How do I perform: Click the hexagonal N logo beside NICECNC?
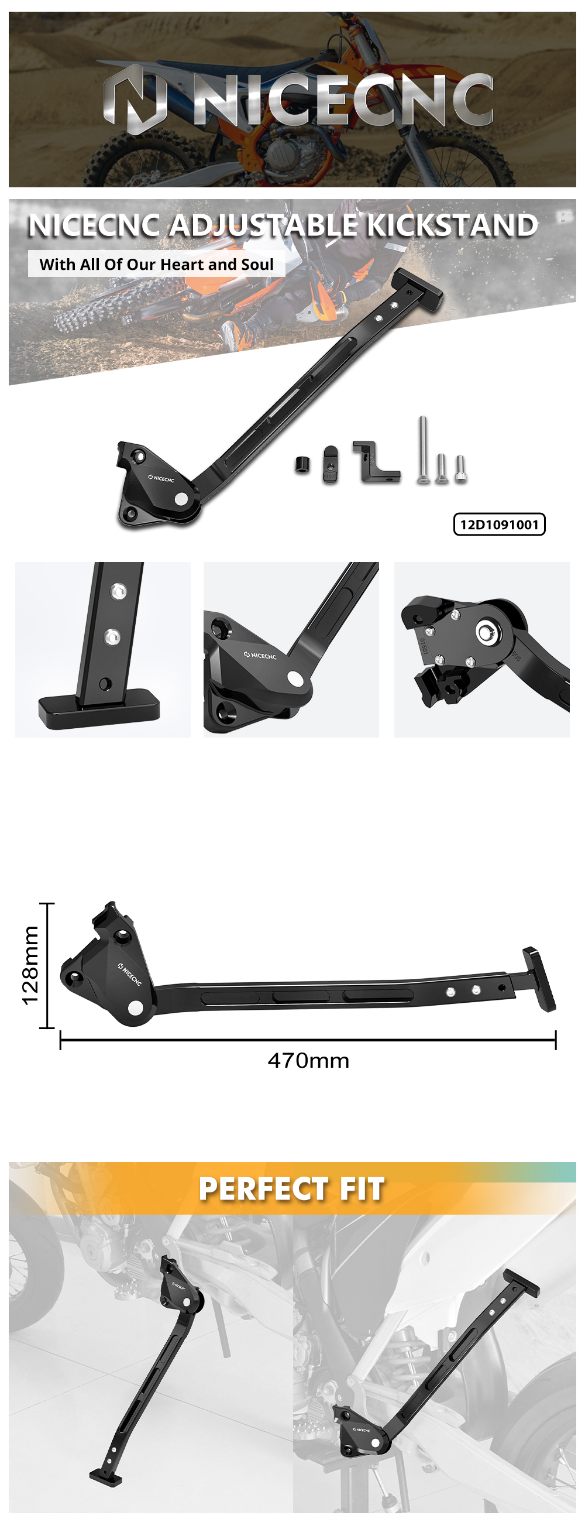tap(135, 99)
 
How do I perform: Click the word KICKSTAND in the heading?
tap(452, 225)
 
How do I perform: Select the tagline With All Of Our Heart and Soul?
tap(156, 264)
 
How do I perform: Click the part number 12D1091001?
tap(499, 524)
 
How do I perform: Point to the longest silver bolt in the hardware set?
tap(423, 449)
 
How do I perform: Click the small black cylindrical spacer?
tap(302, 464)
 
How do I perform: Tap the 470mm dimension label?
tap(308, 1061)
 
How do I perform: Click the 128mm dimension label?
tap(30, 965)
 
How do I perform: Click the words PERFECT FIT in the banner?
tap(291, 1188)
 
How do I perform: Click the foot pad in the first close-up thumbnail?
tap(99, 709)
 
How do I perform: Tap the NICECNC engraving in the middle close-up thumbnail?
tap(260, 655)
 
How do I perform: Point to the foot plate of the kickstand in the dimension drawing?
tap(539, 979)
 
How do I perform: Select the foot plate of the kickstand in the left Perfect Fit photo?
tap(106, 1474)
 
